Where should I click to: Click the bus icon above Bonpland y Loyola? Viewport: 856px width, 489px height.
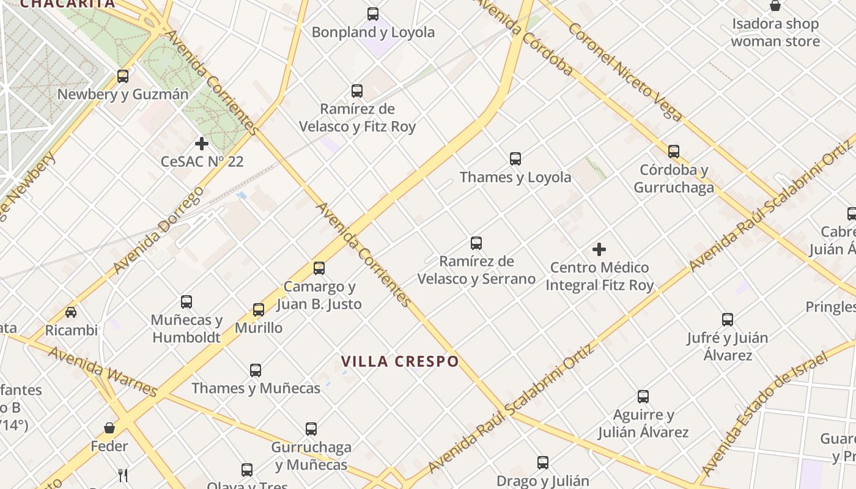pyautogui.click(x=373, y=14)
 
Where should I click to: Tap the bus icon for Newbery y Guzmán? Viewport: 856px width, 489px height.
pyautogui.click(x=123, y=76)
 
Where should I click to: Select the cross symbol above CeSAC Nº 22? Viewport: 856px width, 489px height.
pyautogui.click(x=202, y=144)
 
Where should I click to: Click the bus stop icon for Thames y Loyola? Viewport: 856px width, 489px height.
pyautogui.click(x=515, y=159)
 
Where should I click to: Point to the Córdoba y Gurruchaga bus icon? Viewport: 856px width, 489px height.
pyautogui.click(x=674, y=151)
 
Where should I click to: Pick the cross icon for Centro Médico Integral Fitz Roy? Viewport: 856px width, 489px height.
pyautogui.click(x=599, y=249)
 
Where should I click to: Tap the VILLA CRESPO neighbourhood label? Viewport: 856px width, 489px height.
pyautogui.click(x=400, y=361)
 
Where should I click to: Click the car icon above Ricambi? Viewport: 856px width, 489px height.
pyautogui.click(x=71, y=312)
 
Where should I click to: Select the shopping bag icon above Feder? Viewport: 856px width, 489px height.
pyautogui.click(x=109, y=428)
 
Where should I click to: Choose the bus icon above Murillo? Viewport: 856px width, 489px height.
pyautogui.click(x=259, y=310)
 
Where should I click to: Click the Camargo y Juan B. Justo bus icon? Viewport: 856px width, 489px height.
pyautogui.click(x=319, y=268)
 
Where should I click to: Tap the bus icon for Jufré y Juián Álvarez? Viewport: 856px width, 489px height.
pyautogui.click(x=728, y=319)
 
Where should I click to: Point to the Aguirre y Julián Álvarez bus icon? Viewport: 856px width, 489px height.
pyautogui.click(x=643, y=397)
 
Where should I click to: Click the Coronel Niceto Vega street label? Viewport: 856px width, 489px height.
pyautogui.click(x=625, y=72)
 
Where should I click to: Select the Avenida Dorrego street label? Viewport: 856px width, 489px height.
pyautogui.click(x=158, y=230)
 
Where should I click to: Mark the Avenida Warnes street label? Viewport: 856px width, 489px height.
pyautogui.click(x=103, y=372)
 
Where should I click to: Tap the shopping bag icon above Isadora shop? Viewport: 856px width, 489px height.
pyautogui.click(x=775, y=6)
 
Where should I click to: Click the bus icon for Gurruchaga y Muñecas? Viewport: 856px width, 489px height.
pyautogui.click(x=311, y=429)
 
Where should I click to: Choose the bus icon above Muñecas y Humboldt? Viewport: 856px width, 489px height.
pyautogui.click(x=186, y=302)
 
